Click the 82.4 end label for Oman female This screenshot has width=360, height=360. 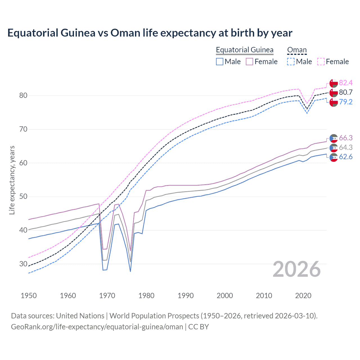346,83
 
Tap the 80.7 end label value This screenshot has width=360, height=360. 346,92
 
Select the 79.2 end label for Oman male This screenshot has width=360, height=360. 346,102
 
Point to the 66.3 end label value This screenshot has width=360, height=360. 346,138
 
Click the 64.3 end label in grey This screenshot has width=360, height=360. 346,147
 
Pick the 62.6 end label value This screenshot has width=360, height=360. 346,157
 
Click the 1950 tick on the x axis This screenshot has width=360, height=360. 29,296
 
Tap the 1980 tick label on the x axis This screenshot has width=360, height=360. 146,296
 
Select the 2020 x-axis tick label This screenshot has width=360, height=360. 303,296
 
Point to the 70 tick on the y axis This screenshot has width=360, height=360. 23,129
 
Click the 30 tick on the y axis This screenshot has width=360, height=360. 23,264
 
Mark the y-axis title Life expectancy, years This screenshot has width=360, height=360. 12,180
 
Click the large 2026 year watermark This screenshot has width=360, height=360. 297,269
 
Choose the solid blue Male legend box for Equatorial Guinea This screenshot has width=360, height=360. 220,62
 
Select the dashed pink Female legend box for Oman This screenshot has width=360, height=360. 321,62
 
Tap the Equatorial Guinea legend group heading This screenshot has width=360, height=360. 244,50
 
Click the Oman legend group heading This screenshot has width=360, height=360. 297,50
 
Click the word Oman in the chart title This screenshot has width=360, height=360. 125,33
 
